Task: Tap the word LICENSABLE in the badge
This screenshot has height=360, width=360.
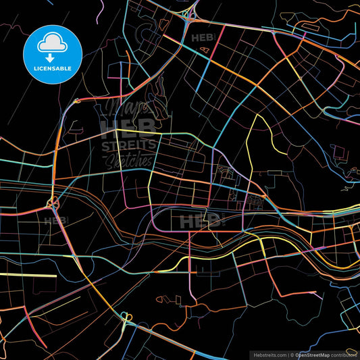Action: coord(52,68)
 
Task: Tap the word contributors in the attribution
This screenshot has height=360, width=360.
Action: coord(346,354)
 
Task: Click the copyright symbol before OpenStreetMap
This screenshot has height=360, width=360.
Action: coord(292,354)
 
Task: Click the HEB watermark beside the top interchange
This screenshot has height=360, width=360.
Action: coord(203,38)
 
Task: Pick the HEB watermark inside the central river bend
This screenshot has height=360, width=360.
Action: coord(201,220)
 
